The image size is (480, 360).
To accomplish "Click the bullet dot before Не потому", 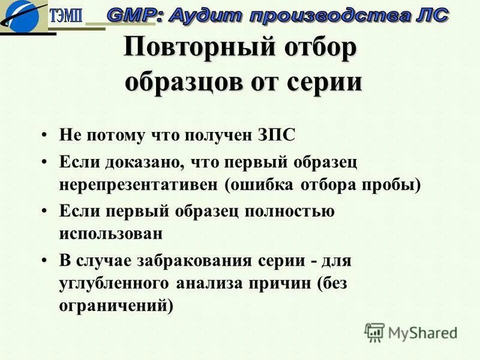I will pyautogui.click(x=45, y=136).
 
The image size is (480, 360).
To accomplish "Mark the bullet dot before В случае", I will pyautogui.click(x=45, y=261).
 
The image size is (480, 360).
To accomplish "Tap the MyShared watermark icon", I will pyautogui.click(x=374, y=331).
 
